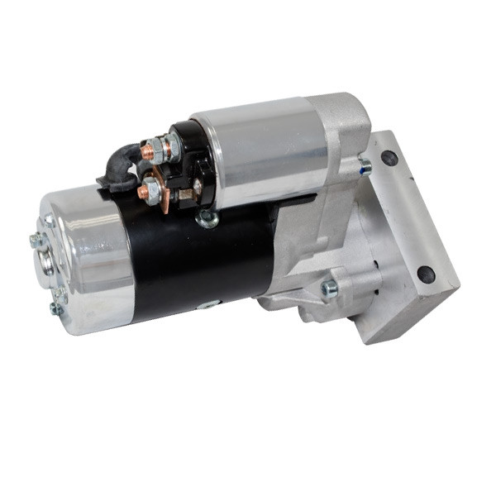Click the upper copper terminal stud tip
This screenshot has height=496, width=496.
[x=146, y=151]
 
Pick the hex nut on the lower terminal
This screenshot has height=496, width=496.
[x=154, y=190]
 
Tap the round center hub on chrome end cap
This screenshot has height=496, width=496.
[x=47, y=262]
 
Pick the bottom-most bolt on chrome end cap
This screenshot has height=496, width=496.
[x=55, y=308]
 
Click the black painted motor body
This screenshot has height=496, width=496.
[x=198, y=256]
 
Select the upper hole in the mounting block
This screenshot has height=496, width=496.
[x=389, y=157]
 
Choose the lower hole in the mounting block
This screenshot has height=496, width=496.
[x=426, y=274]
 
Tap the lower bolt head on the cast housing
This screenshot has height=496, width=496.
[x=330, y=288]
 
